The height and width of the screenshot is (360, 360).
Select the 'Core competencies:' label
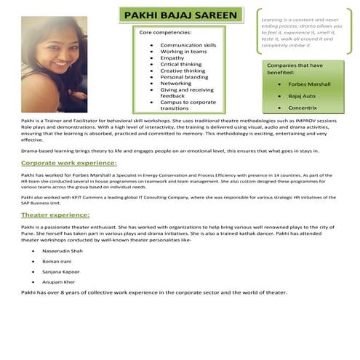pos(165,33)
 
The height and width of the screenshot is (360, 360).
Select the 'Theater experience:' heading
pos(55,215)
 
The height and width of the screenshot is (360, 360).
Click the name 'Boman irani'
pos(57,260)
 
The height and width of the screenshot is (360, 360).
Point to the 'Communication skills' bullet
pos(188,45)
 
